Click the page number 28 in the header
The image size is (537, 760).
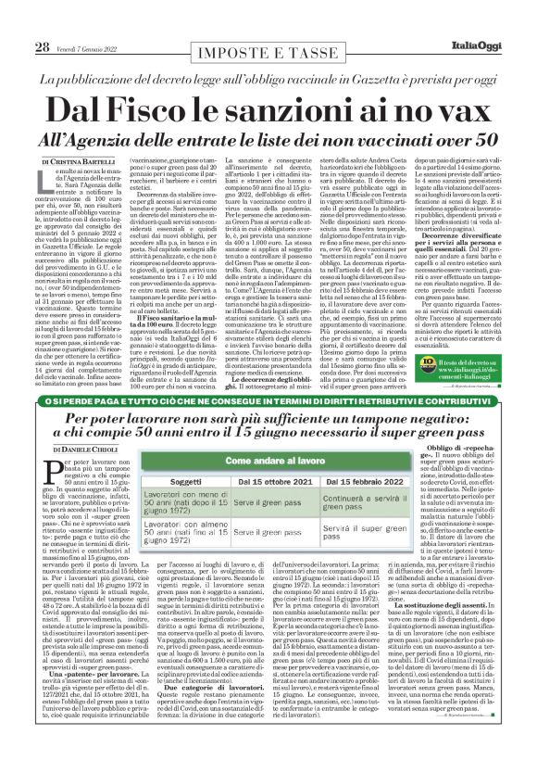click(x=43, y=19)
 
